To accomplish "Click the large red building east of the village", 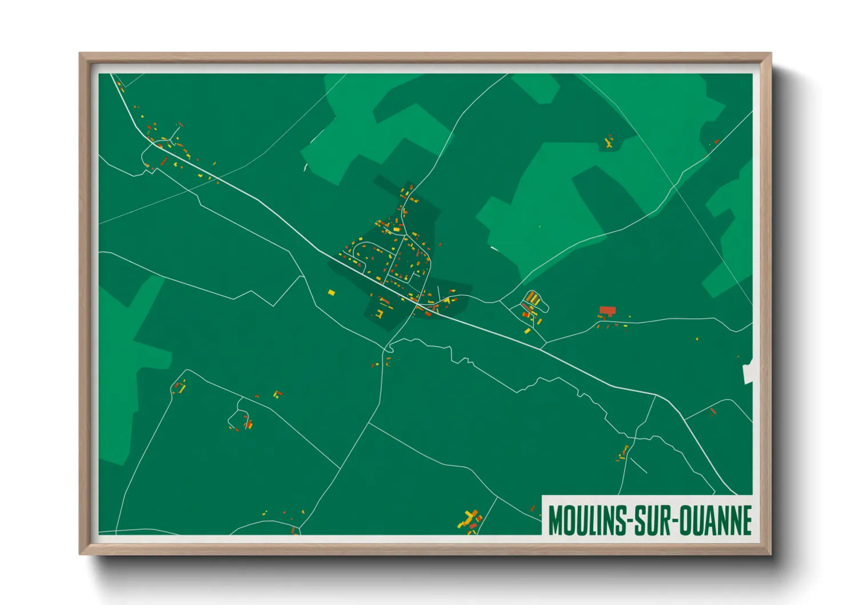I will tap(607, 311).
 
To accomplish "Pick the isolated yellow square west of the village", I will tap(331, 293).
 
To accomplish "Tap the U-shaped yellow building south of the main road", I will tap(379, 313).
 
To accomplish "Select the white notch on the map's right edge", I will tap(747, 372).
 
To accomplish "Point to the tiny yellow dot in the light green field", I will tap(539, 226).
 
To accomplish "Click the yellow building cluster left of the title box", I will tap(469, 520).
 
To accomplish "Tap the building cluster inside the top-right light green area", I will tap(609, 141).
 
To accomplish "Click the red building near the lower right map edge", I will tap(713, 411).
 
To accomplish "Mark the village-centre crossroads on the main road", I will tap(417, 302).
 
